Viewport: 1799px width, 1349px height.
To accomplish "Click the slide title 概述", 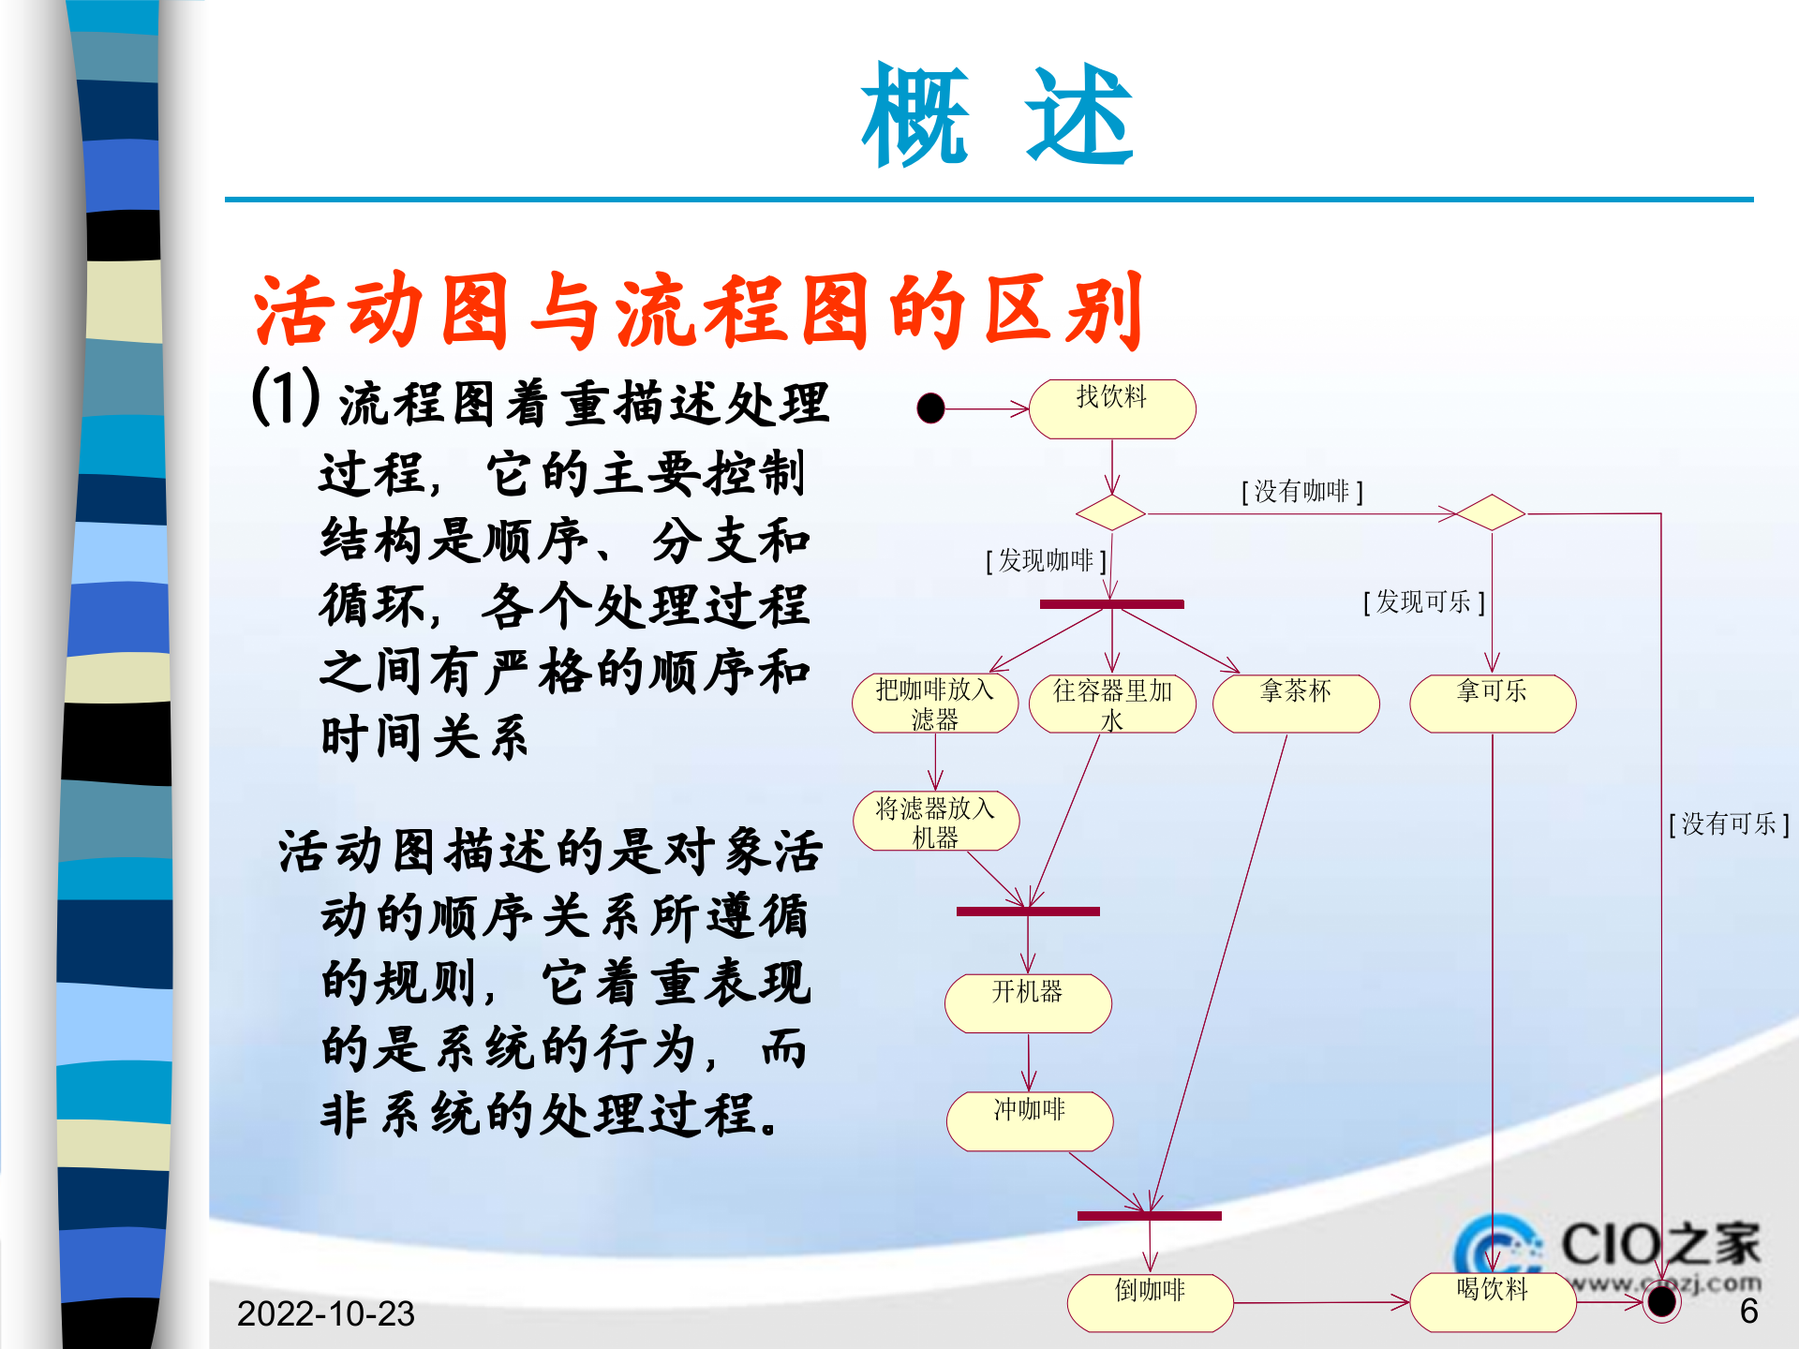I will (x=997, y=115).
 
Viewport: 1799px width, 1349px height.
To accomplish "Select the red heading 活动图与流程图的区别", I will (x=698, y=311).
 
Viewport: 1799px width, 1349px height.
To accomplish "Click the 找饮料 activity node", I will (x=1112, y=408).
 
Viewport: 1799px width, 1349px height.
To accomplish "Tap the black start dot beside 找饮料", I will (x=930, y=408).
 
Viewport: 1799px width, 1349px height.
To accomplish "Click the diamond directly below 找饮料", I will (x=1111, y=513).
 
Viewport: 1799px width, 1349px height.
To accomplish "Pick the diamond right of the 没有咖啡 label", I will (x=1491, y=512).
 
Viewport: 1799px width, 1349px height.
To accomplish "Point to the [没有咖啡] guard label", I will (x=1301, y=491).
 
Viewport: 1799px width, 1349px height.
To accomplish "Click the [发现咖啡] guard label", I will (x=1046, y=560).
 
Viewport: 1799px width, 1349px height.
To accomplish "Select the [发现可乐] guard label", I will (x=1423, y=601).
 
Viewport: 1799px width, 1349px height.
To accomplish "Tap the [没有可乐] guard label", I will (x=1729, y=823).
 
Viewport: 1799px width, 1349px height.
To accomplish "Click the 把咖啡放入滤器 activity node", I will (x=934, y=704).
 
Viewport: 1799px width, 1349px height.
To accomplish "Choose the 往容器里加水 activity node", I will (x=1112, y=704).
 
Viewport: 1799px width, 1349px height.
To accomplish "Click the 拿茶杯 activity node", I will (x=1296, y=703).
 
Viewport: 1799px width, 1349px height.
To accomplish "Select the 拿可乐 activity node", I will (x=1493, y=703).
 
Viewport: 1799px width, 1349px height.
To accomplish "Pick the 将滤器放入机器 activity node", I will (x=935, y=822).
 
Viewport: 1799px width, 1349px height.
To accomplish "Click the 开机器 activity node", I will (x=1028, y=1003).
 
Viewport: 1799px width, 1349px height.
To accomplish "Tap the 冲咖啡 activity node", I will (x=1029, y=1121).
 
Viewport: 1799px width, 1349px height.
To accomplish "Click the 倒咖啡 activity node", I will (x=1150, y=1302).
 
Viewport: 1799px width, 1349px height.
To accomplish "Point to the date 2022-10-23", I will (x=325, y=1313).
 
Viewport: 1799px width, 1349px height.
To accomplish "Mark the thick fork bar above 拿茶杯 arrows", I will (x=1112, y=604).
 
